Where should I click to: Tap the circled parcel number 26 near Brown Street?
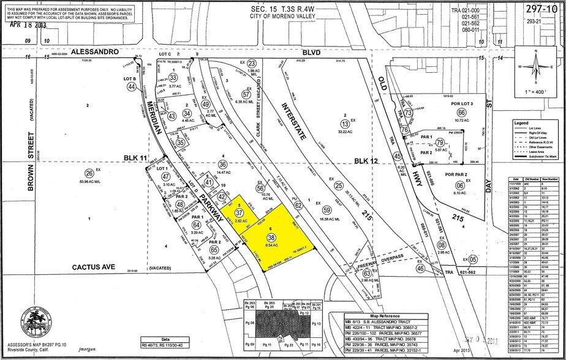(x=89, y=172)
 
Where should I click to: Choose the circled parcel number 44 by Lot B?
(x=131, y=88)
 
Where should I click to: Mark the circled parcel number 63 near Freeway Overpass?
(x=366, y=274)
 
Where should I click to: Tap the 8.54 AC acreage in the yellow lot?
(x=271, y=245)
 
